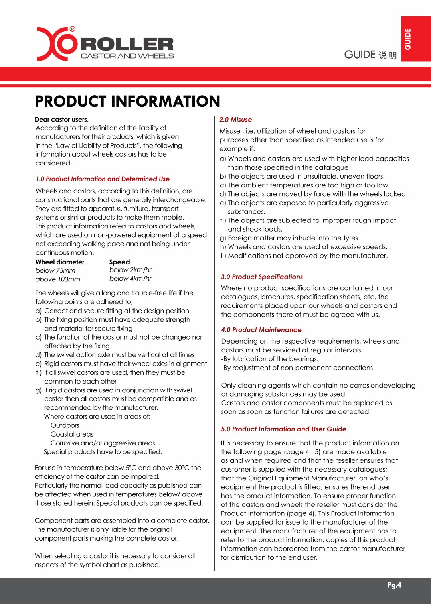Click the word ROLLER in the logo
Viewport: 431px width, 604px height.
(x=127, y=44)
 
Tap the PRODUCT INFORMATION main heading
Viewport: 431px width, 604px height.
(x=127, y=101)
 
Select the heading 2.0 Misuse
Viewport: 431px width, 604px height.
(x=235, y=120)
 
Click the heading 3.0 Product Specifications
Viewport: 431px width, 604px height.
(x=262, y=277)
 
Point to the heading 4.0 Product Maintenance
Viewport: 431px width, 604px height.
(x=261, y=330)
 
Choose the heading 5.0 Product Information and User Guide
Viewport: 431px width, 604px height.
(x=284, y=429)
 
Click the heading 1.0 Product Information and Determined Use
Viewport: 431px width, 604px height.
(x=103, y=179)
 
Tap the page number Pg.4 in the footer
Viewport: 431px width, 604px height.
(x=394, y=585)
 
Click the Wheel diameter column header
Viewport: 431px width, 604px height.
(x=60, y=262)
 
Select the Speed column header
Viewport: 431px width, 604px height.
(x=119, y=262)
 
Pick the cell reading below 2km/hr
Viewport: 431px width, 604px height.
(x=130, y=270)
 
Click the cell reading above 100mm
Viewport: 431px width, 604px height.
(x=58, y=279)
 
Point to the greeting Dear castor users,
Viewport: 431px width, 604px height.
(x=62, y=119)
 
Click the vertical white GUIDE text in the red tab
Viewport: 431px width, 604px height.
(x=407, y=39)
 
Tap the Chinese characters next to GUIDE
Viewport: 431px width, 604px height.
(x=388, y=55)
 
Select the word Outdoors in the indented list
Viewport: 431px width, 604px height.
(x=65, y=425)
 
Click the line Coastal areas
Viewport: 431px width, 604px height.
(x=72, y=434)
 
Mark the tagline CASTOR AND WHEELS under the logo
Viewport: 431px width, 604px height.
(x=127, y=56)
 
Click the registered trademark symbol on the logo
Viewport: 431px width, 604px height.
(x=73, y=29)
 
